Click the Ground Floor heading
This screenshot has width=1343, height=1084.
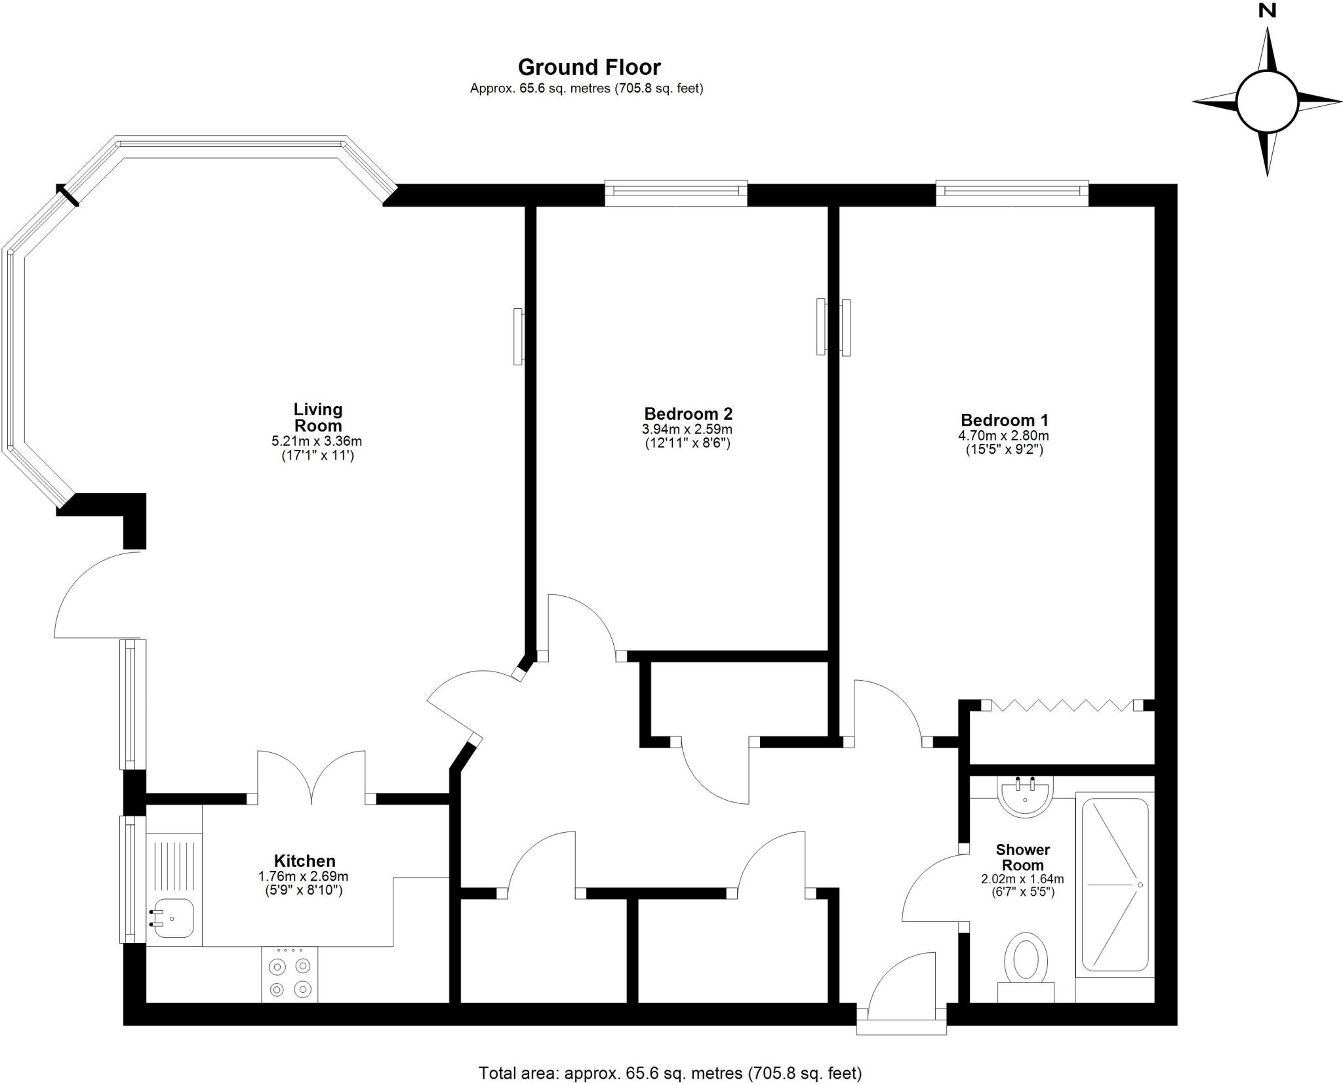[x=589, y=68]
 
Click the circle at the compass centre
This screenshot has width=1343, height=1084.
[x=1267, y=102]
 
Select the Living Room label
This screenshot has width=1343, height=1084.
[x=317, y=417]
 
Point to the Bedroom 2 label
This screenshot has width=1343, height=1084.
[x=688, y=414]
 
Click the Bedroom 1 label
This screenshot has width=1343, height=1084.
[x=1004, y=420]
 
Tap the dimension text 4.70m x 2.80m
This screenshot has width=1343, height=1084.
[x=1003, y=435]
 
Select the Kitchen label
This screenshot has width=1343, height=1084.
[x=304, y=861]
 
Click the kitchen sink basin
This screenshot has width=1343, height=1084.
[x=172, y=917]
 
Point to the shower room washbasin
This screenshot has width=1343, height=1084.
[x=1024, y=796]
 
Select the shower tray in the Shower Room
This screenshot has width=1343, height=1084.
[x=1114, y=885]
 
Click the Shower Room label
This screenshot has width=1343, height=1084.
[x=1022, y=858]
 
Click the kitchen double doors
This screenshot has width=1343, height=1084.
[x=311, y=779]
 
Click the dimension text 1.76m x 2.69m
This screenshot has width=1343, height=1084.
[x=303, y=876]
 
